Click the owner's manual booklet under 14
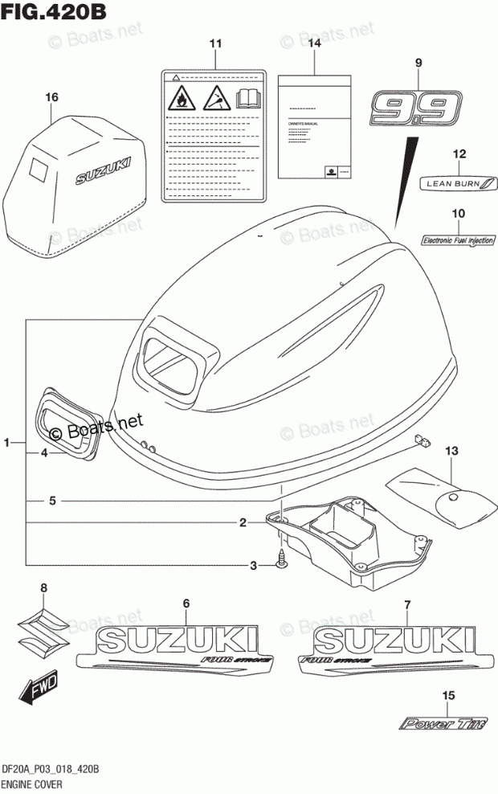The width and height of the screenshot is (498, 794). pyautogui.click(x=314, y=127)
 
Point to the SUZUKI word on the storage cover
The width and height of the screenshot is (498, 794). pyautogui.click(x=100, y=170)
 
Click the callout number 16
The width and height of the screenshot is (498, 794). pyautogui.click(x=52, y=97)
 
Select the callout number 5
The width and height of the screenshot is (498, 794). pyautogui.click(x=51, y=501)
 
